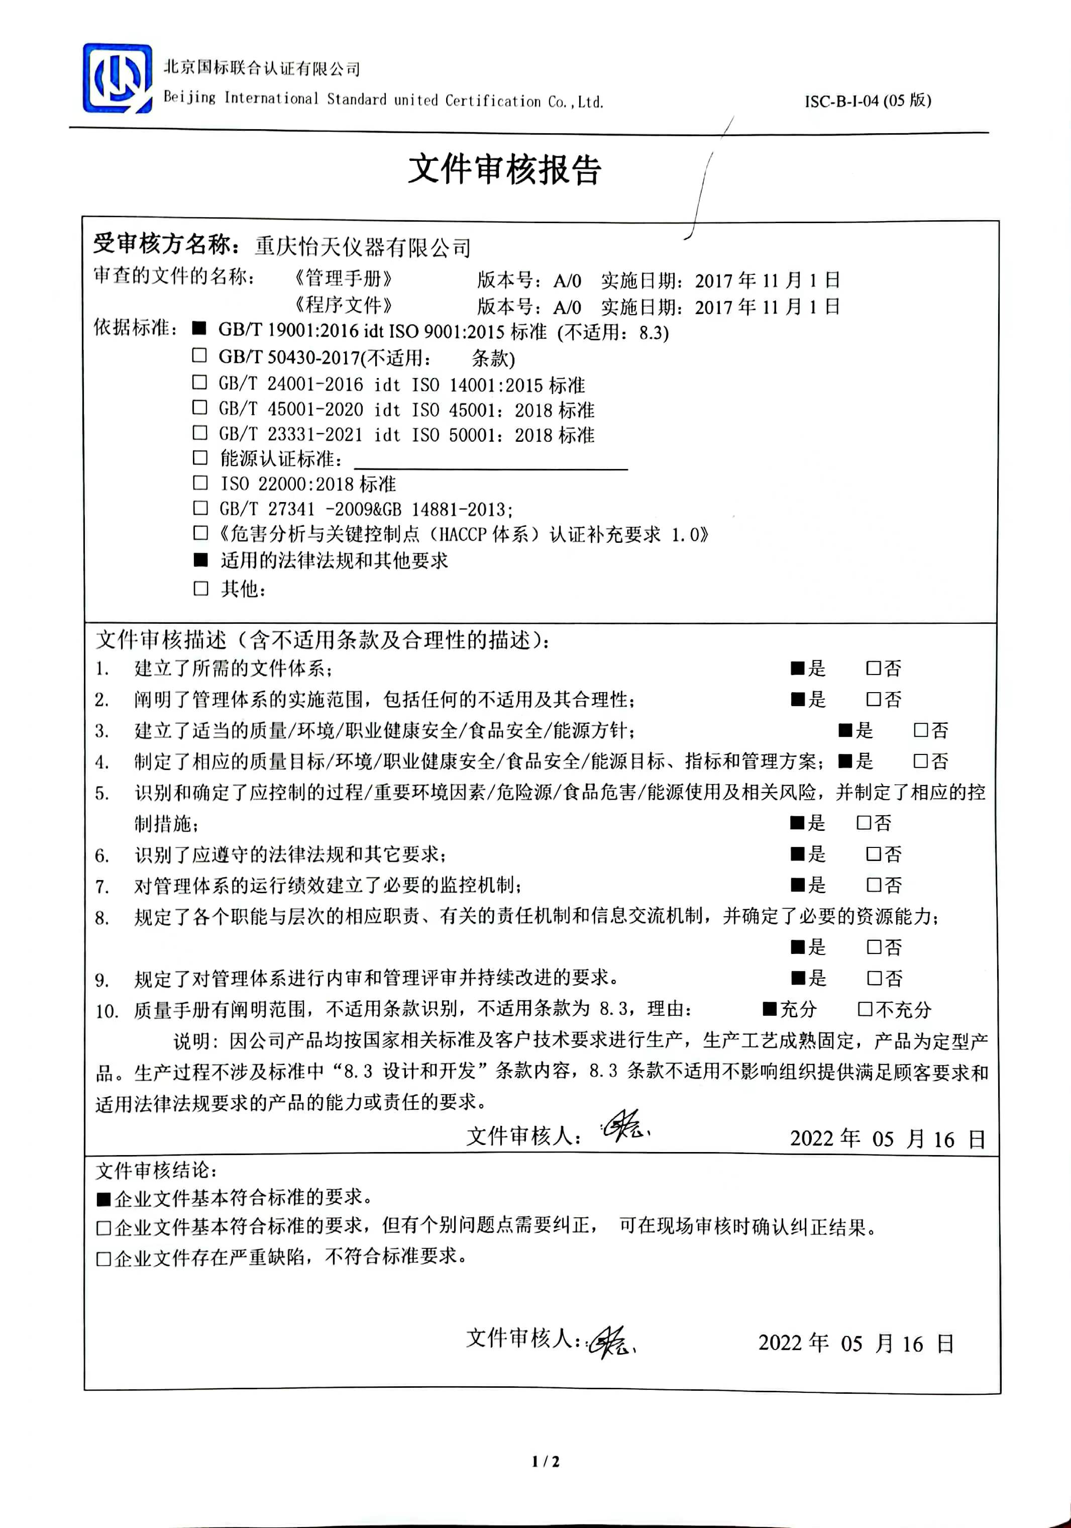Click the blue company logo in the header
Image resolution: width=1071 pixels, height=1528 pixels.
tap(117, 78)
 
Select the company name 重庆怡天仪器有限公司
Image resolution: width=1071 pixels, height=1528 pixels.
tap(363, 248)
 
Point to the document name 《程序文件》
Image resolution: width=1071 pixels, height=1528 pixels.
tap(343, 306)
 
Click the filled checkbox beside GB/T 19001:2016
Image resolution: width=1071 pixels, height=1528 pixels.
tap(198, 328)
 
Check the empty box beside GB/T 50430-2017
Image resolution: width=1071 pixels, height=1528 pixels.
tap(199, 355)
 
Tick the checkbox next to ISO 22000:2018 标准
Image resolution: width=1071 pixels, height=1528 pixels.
tap(199, 483)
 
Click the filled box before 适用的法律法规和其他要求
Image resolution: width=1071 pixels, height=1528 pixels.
tap(200, 560)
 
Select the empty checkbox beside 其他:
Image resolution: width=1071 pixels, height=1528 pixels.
tap(200, 588)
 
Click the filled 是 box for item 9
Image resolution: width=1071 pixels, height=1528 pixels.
tap(798, 978)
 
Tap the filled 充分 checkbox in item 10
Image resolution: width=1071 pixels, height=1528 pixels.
tap(769, 1009)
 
